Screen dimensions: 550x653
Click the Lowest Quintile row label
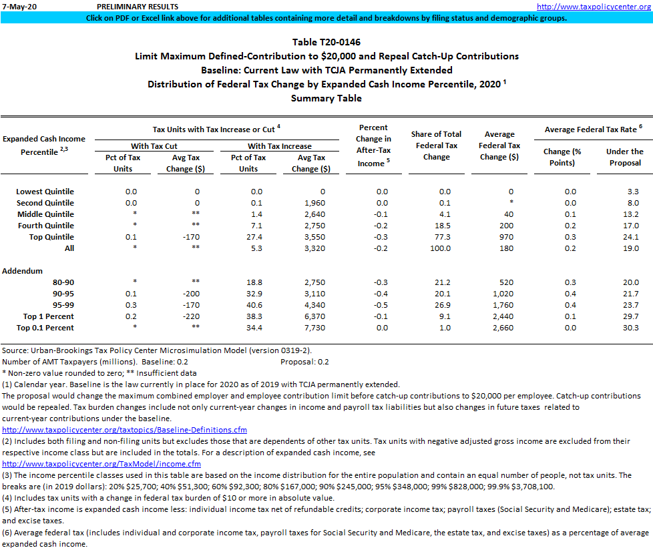tap(45, 192)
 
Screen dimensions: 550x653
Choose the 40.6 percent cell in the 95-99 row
tap(248, 305)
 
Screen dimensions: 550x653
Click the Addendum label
tap(22, 272)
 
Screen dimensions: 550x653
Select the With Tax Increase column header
tap(279, 146)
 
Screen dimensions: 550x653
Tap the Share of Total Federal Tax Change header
tap(436, 146)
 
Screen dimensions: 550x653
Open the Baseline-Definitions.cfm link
tap(125, 430)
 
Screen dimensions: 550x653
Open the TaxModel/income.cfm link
tap(101, 463)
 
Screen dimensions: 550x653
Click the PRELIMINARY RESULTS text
tap(133, 7)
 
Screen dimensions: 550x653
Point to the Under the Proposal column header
tap(625, 157)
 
